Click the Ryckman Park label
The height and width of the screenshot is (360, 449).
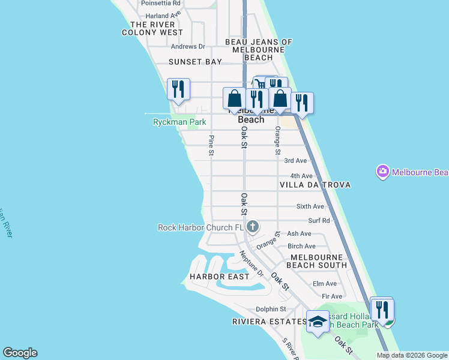pyautogui.click(x=179, y=122)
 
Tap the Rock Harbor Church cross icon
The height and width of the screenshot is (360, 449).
pyautogui.click(x=253, y=227)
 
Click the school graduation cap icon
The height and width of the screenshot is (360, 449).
pyautogui.click(x=318, y=321)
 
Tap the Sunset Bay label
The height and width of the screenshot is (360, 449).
pyautogui.click(x=195, y=62)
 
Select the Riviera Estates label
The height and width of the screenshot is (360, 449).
pyautogui.click(x=269, y=322)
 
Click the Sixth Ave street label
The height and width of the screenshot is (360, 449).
pyautogui.click(x=310, y=206)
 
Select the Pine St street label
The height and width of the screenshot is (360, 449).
pyautogui.click(x=211, y=146)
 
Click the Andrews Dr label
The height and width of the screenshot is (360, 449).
pyautogui.click(x=188, y=46)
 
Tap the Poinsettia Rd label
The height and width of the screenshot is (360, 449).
pyautogui.click(x=160, y=3)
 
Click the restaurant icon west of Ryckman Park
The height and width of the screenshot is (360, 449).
pyautogui.click(x=178, y=89)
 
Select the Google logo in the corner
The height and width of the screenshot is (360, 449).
pyautogui.click(x=20, y=353)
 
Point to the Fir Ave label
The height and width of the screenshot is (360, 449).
pyautogui.click(x=332, y=296)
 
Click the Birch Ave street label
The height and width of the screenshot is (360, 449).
pyautogui.click(x=301, y=246)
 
